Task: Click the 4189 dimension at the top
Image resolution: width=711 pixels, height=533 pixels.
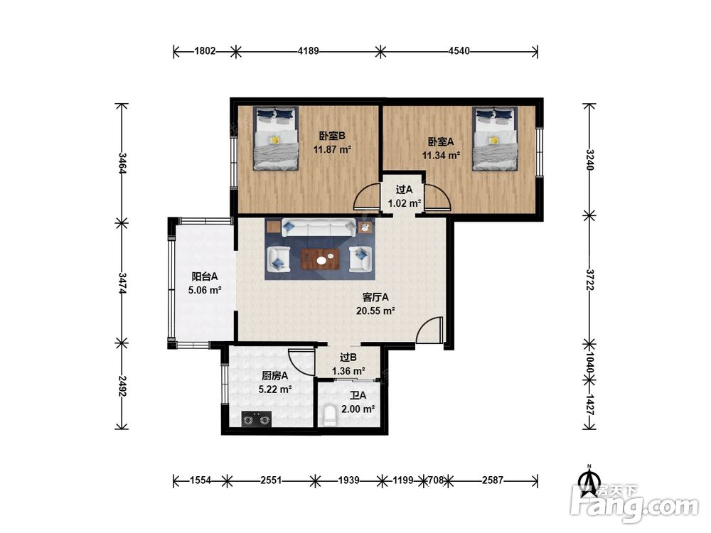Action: pos(309,50)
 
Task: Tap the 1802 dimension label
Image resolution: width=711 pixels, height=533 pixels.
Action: pos(205,50)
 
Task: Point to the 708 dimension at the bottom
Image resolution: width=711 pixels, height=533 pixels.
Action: pos(436,480)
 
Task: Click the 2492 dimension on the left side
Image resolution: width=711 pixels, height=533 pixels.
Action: pos(122,386)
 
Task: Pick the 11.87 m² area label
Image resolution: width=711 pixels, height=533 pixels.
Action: pos(332,149)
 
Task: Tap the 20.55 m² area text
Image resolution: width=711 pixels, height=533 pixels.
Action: pos(375,311)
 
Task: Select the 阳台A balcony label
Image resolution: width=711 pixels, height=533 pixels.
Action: pos(205,276)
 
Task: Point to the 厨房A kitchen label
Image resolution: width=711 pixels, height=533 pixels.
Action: pos(274,376)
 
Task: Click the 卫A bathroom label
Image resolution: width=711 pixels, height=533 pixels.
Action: pos(358,396)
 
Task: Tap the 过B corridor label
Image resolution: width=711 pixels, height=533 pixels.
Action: pos(348,357)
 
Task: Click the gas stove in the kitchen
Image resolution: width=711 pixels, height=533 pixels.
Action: pos(256,419)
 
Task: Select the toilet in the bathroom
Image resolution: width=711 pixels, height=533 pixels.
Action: pos(330,416)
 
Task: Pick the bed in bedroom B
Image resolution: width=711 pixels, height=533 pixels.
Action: pos(276,139)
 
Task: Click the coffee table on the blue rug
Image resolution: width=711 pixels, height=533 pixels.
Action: pos(321,259)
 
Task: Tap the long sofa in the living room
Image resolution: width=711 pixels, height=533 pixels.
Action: pos(319,227)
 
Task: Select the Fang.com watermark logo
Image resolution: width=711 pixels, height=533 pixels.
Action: pos(635,504)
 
